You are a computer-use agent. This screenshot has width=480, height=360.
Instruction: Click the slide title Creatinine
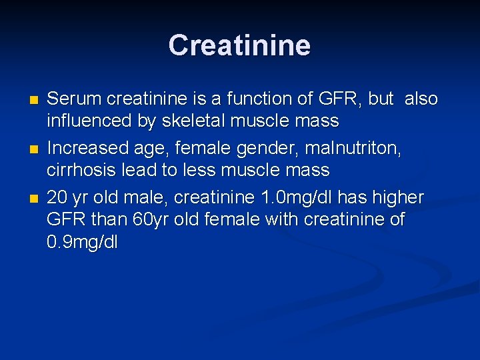239,45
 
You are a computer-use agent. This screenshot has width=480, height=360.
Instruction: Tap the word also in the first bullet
421,99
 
